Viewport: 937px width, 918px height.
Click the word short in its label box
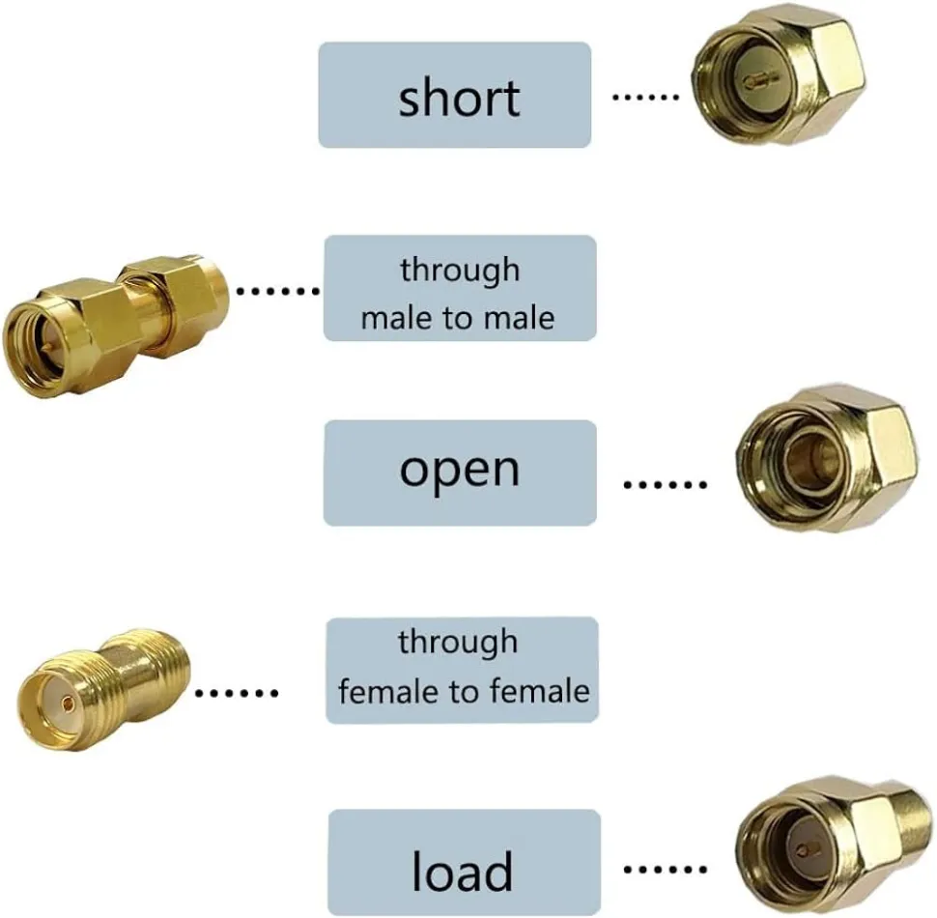pos(459,97)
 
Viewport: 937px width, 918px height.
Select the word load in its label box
pos(463,871)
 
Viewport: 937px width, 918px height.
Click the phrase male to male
pos(458,317)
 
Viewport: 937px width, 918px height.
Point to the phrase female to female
pos(464,691)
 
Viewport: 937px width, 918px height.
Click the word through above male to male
pos(460,272)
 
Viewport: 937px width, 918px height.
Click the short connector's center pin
pos(759,78)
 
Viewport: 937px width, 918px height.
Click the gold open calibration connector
pos(826,458)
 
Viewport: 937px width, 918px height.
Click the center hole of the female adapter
pos(69,705)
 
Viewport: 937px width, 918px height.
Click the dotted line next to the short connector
pos(645,97)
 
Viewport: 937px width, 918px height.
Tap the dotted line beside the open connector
pos(665,484)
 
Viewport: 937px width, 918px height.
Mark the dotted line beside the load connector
pos(665,869)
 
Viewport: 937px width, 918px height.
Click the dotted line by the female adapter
pos(237,693)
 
